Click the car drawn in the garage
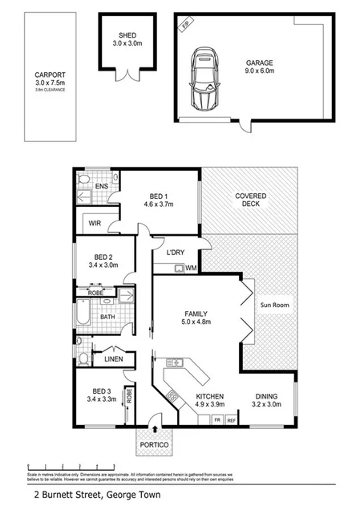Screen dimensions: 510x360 pyautogui.click(x=204, y=80)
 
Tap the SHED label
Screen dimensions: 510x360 pyautogui.click(x=127, y=35)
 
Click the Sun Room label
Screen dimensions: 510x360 pyautogui.click(x=274, y=306)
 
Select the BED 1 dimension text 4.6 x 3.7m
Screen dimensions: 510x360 pyautogui.click(x=158, y=204)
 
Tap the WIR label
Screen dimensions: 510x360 pyautogui.click(x=94, y=224)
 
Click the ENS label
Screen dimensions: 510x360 pyautogui.click(x=102, y=187)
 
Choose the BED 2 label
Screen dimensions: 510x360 pyautogui.click(x=100, y=256)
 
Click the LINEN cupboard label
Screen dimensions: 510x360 pyautogui.click(x=113, y=359)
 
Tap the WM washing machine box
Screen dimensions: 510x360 pyautogui.click(x=192, y=267)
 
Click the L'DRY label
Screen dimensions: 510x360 pyautogui.click(x=176, y=253)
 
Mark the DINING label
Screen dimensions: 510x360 pyautogui.click(x=267, y=396)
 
